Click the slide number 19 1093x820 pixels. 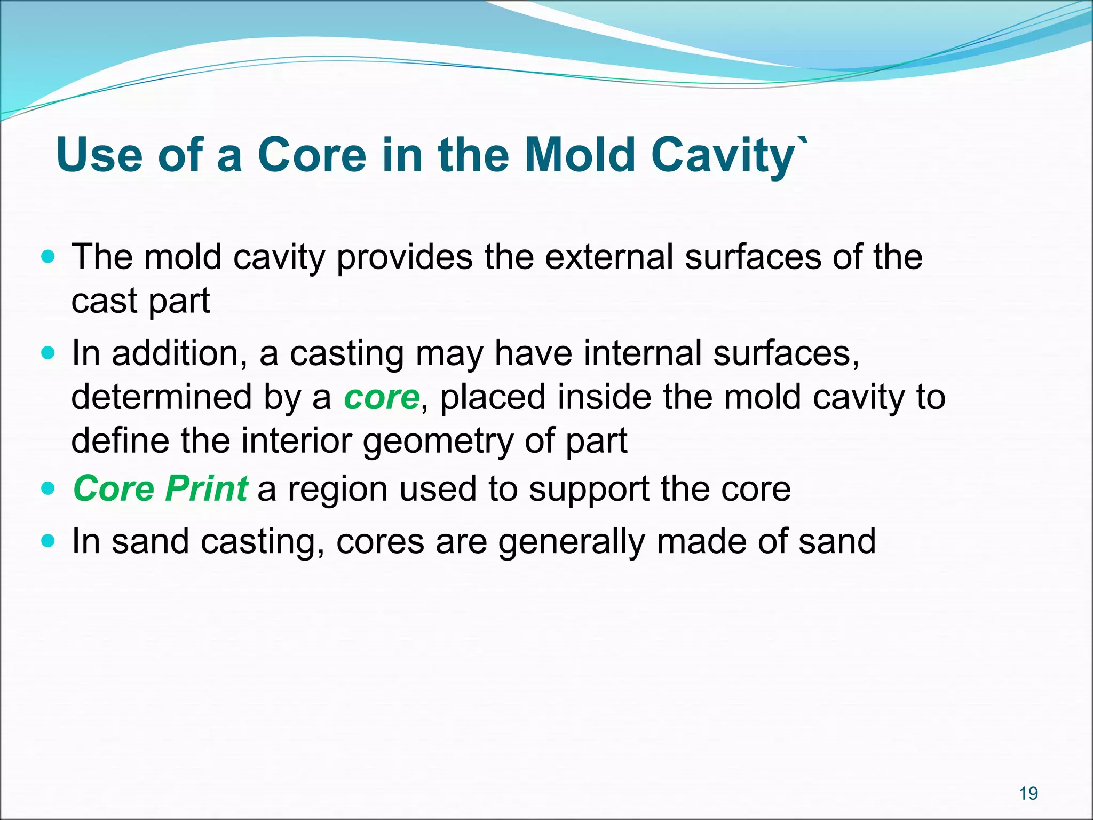point(1028,794)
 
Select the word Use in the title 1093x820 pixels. point(99,155)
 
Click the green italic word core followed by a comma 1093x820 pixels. point(381,398)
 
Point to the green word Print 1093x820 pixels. point(206,488)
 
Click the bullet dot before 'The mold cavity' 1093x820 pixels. point(48,257)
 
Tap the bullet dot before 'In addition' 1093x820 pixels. point(48,353)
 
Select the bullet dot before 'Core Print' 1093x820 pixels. point(48,488)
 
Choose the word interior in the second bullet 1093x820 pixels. point(297,442)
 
